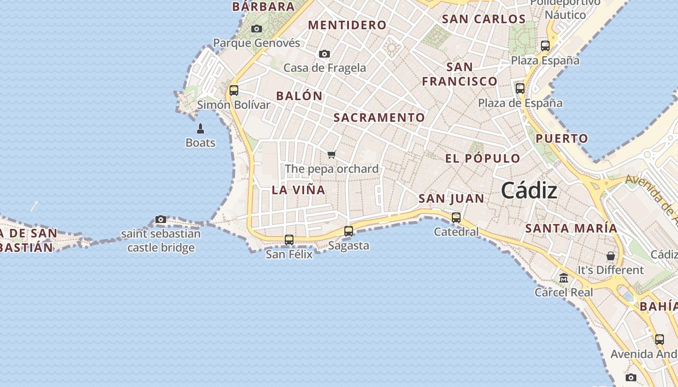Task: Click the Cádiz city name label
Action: [x=529, y=191]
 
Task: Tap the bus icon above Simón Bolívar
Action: [x=234, y=90]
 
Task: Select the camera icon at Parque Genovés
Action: [x=257, y=29]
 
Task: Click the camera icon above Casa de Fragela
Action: [x=324, y=54]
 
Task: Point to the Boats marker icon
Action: [x=200, y=129]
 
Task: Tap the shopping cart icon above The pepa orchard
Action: [x=331, y=155]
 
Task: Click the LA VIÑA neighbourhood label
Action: [x=298, y=190]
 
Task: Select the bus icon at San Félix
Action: [x=289, y=239]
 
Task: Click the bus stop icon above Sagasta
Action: [x=349, y=231]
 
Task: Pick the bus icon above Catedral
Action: [x=456, y=218]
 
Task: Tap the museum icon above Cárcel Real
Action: [x=564, y=278]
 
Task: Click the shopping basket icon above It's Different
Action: [x=611, y=255]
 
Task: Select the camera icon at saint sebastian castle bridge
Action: [x=161, y=220]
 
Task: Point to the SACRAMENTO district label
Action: [x=379, y=118]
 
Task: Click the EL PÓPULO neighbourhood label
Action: [x=482, y=159]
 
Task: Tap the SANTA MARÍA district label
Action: [x=571, y=228]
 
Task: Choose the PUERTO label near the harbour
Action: [x=562, y=138]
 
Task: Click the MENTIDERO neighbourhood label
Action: [x=347, y=25]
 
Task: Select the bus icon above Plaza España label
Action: [x=545, y=46]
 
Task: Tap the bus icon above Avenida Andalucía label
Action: [x=660, y=340]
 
